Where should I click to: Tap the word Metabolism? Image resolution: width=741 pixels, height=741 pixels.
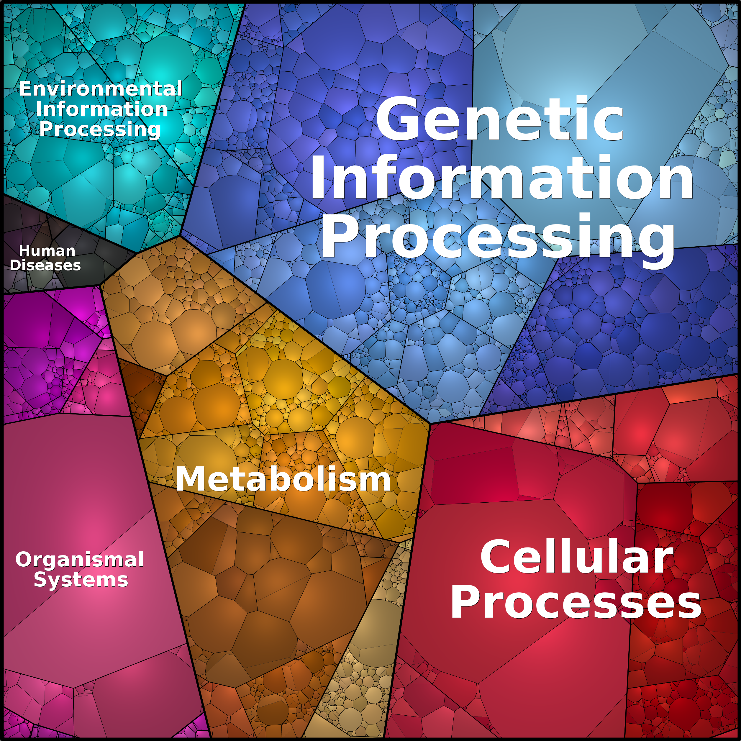point(283,479)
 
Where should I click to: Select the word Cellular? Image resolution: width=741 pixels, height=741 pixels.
point(576,557)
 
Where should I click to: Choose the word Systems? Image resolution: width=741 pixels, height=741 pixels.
point(81,580)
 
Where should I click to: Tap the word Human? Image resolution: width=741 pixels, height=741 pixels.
point(47,251)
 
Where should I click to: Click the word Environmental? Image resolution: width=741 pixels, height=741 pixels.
point(101,89)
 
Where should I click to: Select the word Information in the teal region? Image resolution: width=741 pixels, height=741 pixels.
point(102,109)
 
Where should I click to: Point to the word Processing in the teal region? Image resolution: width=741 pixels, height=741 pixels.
point(100,129)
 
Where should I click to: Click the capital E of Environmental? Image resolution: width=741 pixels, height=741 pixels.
point(25,89)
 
